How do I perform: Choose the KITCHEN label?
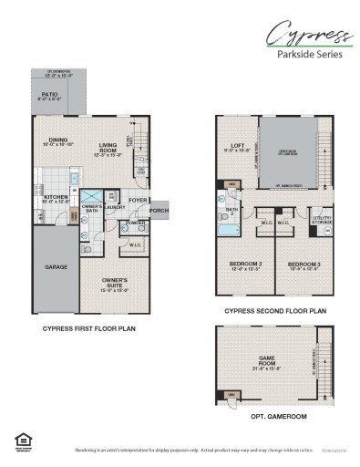53,196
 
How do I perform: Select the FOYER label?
139,200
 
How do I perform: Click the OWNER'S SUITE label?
113,283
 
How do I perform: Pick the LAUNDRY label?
115,207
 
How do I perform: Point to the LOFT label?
237,147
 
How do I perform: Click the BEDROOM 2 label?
241,265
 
